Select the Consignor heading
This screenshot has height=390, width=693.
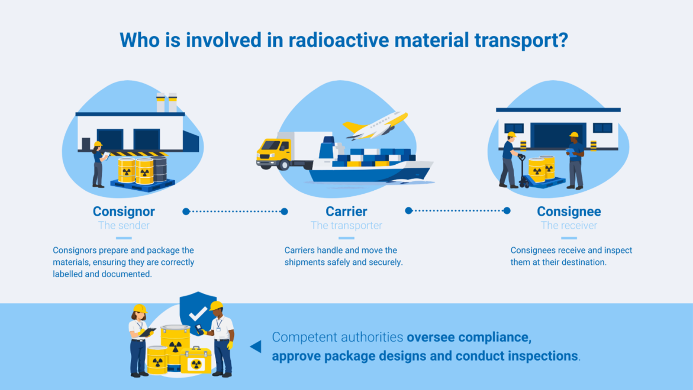click(x=123, y=211)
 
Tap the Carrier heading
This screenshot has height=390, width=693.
click(x=346, y=211)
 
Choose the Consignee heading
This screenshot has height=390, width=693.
click(x=569, y=211)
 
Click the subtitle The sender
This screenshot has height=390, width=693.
click(x=123, y=225)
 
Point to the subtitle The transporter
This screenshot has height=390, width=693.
click(x=346, y=225)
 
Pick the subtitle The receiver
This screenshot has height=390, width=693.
click(x=569, y=225)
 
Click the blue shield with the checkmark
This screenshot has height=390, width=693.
click(x=198, y=310)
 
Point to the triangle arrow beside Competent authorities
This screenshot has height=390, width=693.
click(x=256, y=346)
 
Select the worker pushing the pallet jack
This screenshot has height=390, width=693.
click(x=509, y=160)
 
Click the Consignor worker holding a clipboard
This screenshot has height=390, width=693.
click(x=98, y=165)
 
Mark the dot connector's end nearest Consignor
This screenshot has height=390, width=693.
click(x=186, y=211)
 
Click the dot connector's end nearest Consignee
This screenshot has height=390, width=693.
click(x=507, y=211)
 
